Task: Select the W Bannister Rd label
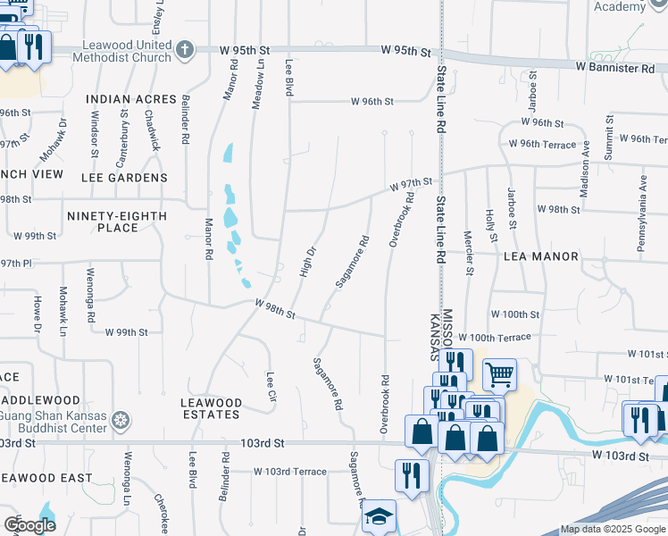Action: (615, 68)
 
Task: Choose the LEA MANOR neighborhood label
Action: (541, 256)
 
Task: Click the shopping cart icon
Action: (499, 375)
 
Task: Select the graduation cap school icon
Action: (379, 516)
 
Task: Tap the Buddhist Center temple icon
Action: (121, 418)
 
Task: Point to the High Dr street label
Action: (307, 262)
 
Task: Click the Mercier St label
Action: (468, 250)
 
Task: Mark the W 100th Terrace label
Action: (495, 337)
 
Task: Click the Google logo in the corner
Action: (29, 524)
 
